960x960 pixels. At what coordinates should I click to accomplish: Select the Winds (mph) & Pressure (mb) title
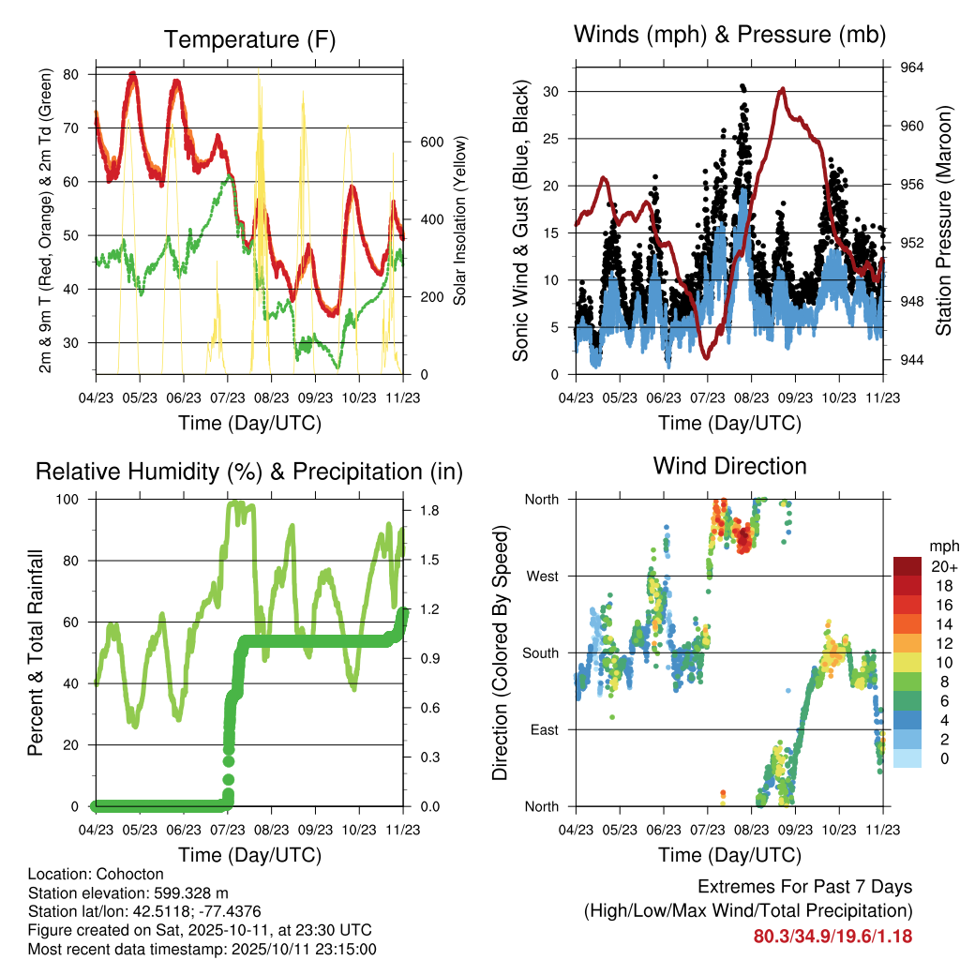(x=729, y=35)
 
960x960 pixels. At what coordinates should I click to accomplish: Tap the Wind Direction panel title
(x=729, y=465)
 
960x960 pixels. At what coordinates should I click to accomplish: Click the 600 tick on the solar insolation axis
(x=430, y=142)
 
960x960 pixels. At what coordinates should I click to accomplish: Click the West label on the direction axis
(x=542, y=576)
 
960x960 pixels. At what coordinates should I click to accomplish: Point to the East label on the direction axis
(x=543, y=729)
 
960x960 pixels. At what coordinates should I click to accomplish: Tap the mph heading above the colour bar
(x=940, y=546)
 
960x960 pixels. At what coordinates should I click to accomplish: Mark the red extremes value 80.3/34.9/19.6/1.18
(x=832, y=937)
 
